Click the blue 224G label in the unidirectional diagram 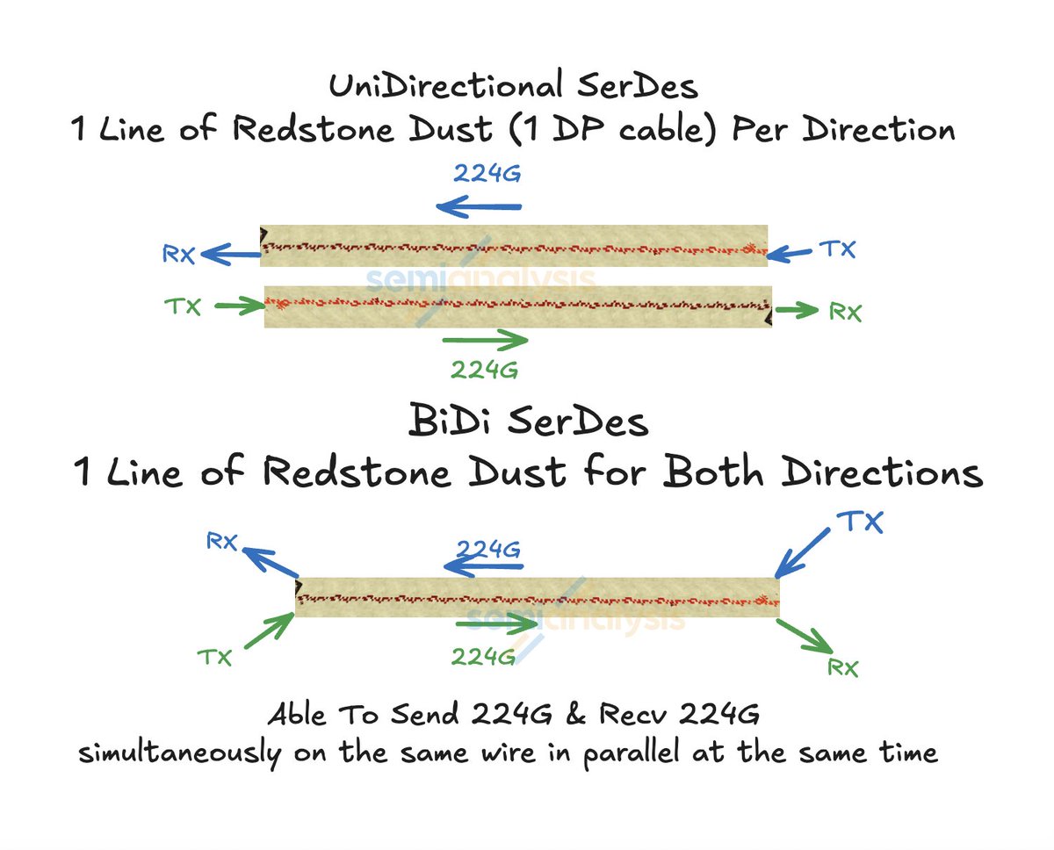click(487, 172)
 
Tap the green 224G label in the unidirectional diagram click(484, 370)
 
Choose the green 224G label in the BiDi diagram click(483, 656)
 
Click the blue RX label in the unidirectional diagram click(177, 255)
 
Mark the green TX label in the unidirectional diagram click(183, 307)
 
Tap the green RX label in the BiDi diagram click(842, 667)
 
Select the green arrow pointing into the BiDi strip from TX click(267, 629)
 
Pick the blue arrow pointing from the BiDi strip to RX click(269, 562)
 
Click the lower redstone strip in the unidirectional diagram click(517, 306)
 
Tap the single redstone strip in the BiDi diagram click(537, 597)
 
